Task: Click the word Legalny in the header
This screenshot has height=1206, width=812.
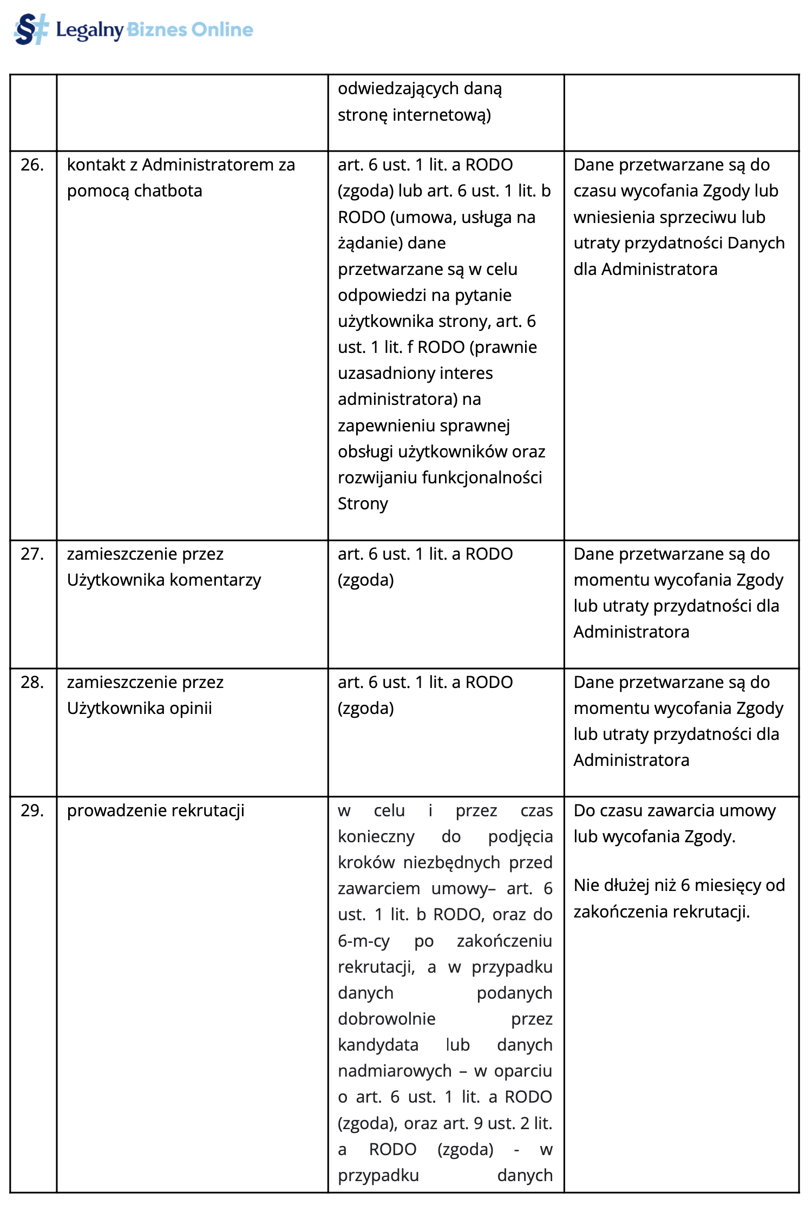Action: pyautogui.click(x=90, y=30)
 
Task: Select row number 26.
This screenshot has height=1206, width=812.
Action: pyautogui.click(x=32, y=165)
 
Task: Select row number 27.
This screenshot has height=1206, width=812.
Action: pyautogui.click(x=32, y=554)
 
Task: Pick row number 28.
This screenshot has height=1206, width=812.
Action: pyautogui.click(x=32, y=683)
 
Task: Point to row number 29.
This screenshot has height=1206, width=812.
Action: pyautogui.click(x=32, y=811)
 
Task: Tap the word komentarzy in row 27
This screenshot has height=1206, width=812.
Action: pyautogui.click(x=215, y=580)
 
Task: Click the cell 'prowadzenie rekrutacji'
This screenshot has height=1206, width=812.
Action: pyautogui.click(x=156, y=811)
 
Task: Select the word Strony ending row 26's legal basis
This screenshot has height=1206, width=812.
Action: pyautogui.click(x=363, y=504)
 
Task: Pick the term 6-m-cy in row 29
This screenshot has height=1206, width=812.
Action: pyautogui.click(x=364, y=941)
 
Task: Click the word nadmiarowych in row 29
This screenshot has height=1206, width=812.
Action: pyautogui.click(x=395, y=1071)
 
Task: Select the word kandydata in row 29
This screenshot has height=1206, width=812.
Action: pyautogui.click(x=378, y=1045)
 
